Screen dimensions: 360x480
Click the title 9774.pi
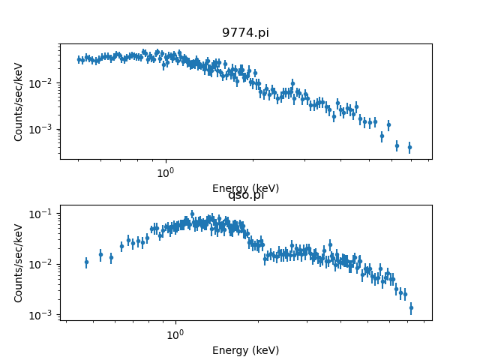click(245, 33)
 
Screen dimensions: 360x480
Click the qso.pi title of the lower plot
click(245, 195)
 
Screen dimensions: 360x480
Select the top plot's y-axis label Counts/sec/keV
click(19, 101)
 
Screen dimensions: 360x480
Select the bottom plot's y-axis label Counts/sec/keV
click(19, 262)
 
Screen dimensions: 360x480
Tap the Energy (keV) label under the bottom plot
click(245, 350)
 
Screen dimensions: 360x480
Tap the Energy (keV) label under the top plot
click(245, 188)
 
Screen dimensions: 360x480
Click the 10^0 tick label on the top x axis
click(165, 172)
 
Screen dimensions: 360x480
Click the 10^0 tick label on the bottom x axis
click(175, 334)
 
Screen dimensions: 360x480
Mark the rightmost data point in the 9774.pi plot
click(409, 147)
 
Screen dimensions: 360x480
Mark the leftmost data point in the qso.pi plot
click(86, 262)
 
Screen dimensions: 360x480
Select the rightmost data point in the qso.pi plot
click(411, 307)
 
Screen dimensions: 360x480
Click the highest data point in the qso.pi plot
click(192, 214)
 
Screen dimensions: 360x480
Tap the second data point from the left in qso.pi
click(100, 254)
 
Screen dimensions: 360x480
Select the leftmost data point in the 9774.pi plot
click(79, 59)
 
